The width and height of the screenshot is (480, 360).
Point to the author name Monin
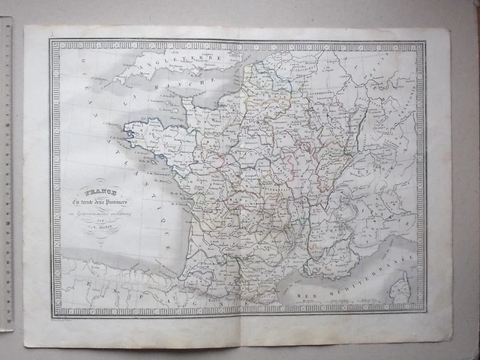(100, 229)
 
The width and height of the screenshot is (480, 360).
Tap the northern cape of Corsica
(404, 272)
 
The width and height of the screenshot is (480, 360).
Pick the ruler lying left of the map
(7, 172)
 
